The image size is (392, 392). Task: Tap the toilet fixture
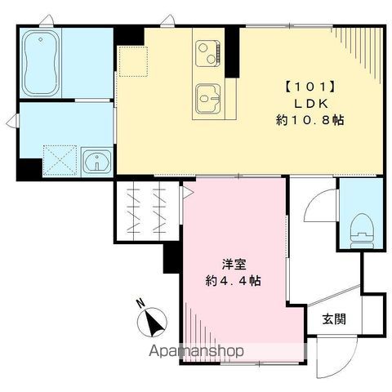[362, 231]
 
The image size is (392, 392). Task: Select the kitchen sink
[208, 99]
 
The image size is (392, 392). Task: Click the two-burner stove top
[208, 53]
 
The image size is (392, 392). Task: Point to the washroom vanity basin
[97, 161]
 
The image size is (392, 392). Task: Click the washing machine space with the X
[60, 160]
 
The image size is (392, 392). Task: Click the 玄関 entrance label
[334, 319]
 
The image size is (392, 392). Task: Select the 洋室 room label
[234, 265]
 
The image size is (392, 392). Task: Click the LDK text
[310, 104]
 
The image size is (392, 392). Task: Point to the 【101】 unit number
[310, 87]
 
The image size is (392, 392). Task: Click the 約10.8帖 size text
[310, 120]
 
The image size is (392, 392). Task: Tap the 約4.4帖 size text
[234, 281]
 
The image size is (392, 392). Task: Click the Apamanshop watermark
[196, 351]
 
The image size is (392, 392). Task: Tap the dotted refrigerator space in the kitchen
[133, 61]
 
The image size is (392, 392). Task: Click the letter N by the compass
[140, 303]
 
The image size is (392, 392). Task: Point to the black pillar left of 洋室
[171, 258]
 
